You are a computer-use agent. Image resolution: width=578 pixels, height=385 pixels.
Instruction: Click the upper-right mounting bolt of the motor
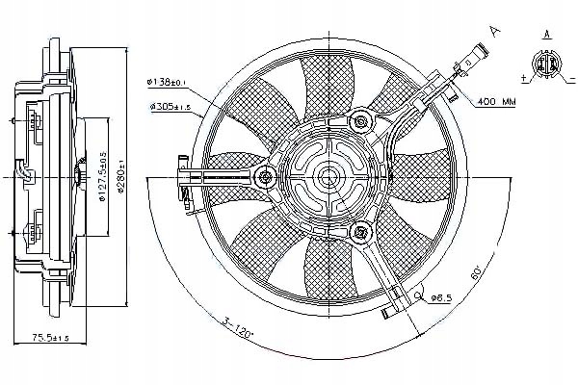363,120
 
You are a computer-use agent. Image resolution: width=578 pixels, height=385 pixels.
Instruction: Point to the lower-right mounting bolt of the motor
363,232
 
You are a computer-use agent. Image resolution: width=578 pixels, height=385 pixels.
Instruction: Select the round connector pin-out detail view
545,64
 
